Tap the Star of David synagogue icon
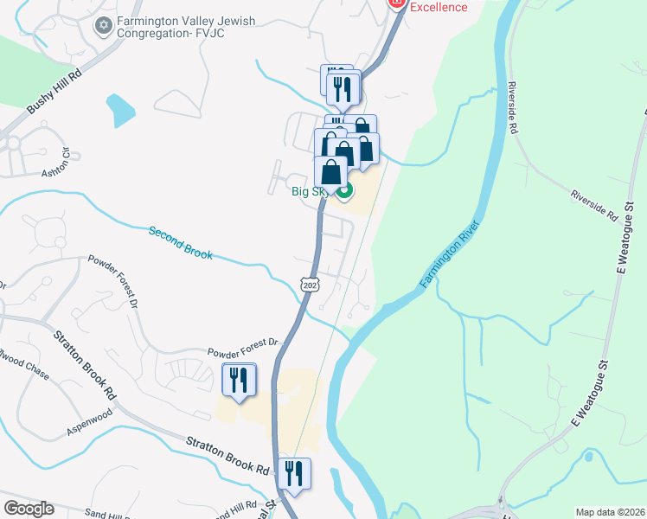click(x=104, y=24)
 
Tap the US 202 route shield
click(x=311, y=284)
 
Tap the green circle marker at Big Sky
click(x=344, y=191)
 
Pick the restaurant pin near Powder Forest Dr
click(x=239, y=381)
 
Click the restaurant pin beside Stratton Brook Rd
click(x=294, y=475)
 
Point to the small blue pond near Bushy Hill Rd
click(x=120, y=110)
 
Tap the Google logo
click(x=29, y=509)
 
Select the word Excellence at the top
click(x=439, y=7)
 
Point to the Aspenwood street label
click(x=90, y=429)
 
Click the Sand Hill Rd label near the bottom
click(x=228, y=508)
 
